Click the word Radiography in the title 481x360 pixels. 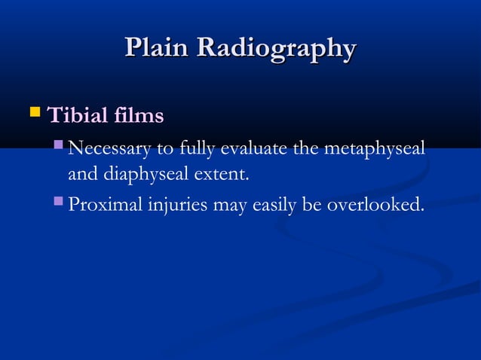coord(275,50)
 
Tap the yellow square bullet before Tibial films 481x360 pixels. coord(33,115)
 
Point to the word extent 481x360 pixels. coord(223,175)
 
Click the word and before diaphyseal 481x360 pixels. coord(80,175)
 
